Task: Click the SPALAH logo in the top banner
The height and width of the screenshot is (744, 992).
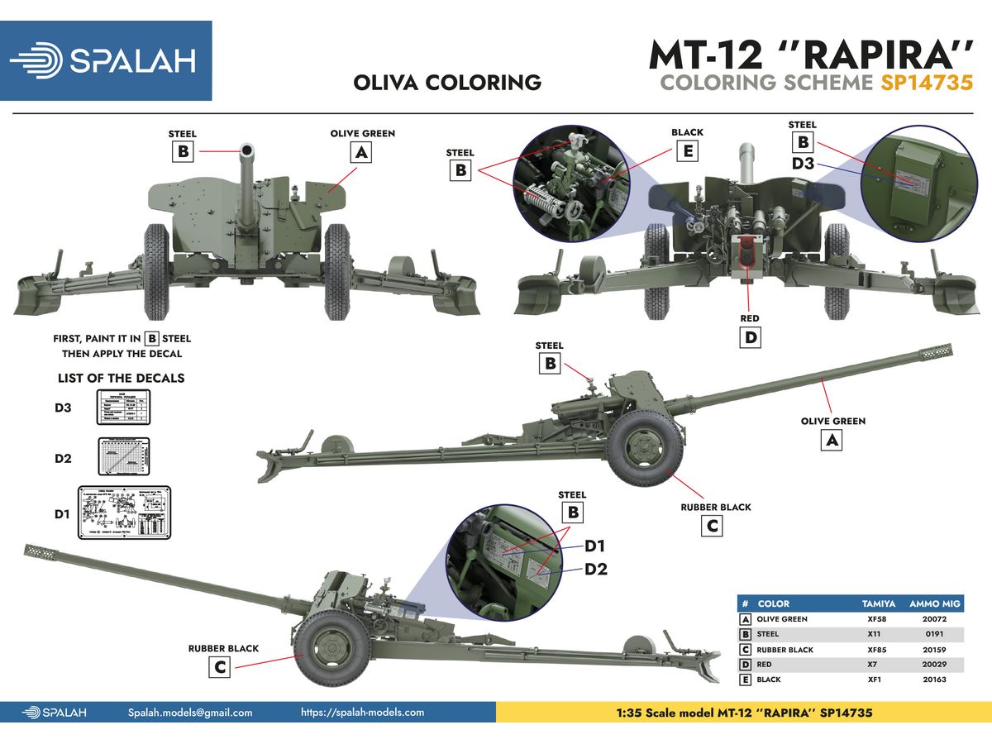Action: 106,60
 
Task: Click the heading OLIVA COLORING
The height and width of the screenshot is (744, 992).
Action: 446,83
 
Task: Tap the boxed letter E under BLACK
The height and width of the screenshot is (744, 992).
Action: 687,150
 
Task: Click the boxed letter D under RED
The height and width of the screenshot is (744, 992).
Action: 751,337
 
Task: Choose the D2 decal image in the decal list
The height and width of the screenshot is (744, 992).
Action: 124,458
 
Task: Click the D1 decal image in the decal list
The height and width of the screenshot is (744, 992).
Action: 124,513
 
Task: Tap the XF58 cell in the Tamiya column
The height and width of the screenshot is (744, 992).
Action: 877,619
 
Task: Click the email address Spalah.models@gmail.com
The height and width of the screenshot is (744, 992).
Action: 190,712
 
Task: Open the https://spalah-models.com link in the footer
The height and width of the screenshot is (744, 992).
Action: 362,712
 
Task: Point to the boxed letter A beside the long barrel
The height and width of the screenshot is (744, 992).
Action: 832,441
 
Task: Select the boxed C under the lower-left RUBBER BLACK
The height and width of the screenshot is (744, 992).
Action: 219,668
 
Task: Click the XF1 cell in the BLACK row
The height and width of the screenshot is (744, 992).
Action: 877,680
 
